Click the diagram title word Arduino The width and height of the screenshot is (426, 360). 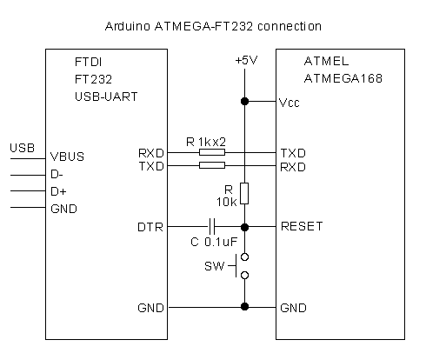pyautogui.click(x=128, y=26)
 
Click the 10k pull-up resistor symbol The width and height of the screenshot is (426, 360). pyautogui.click(x=244, y=193)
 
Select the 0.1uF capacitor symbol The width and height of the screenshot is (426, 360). pyautogui.click(x=212, y=227)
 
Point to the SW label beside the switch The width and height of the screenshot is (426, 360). pyautogui.click(x=215, y=266)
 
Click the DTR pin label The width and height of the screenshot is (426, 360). pyautogui.click(x=150, y=227)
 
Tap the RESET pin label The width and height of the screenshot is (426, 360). pyautogui.click(x=302, y=226)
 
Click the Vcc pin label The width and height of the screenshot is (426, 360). pyautogui.click(x=289, y=103)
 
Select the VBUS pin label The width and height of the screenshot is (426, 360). pyautogui.click(x=67, y=157)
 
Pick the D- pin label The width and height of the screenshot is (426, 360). pyautogui.click(x=57, y=174)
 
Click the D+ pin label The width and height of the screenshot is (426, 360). pyautogui.click(x=58, y=191)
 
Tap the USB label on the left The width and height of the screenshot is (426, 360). pyautogui.click(x=23, y=148)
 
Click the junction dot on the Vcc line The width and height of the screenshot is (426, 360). pyautogui.click(x=244, y=101)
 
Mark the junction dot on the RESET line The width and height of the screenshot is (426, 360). pyautogui.click(x=244, y=227)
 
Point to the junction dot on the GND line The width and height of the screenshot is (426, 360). pyautogui.click(x=244, y=306)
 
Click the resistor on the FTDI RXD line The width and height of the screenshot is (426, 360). pyautogui.click(x=212, y=152)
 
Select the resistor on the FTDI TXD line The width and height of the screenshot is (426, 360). pyautogui.click(x=212, y=165)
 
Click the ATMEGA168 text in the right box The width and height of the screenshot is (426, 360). pyautogui.click(x=343, y=78)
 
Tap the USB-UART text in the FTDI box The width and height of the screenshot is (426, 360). pyautogui.click(x=106, y=97)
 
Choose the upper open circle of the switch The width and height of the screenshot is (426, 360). pyautogui.click(x=245, y=257)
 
